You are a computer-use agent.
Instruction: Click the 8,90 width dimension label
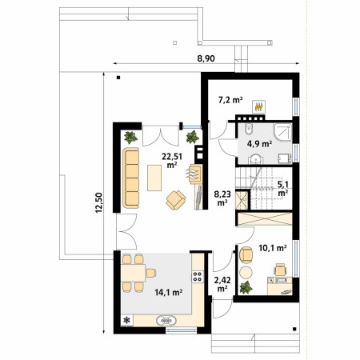coord(206,58)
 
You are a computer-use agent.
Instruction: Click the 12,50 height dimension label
coord(99,202)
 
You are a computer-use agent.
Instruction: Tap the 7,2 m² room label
coord(230,100)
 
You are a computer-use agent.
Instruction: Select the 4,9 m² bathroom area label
coord(259,144)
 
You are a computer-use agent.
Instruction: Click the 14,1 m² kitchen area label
coord(169,293)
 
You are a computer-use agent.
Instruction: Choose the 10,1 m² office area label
coord(273,248)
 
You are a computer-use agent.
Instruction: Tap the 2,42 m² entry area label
coord(222,284)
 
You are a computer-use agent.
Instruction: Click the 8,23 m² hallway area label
coord(222,198)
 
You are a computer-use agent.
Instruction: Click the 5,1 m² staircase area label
coord(282,188)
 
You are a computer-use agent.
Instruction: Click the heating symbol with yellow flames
coord(258,106)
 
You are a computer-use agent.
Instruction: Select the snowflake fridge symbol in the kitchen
coord(127,320)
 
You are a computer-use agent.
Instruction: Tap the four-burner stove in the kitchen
coord(198,277)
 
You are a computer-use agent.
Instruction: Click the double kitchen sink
coord(166,321)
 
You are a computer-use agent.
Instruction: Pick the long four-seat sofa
coord(131,178)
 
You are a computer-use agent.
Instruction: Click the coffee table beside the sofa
coord(154,178)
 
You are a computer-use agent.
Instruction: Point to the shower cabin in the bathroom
coord(282,132)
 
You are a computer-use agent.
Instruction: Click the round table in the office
coord(246,273)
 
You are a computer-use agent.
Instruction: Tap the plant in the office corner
coord(246,287)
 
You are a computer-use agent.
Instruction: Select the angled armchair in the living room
coord(176,200)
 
